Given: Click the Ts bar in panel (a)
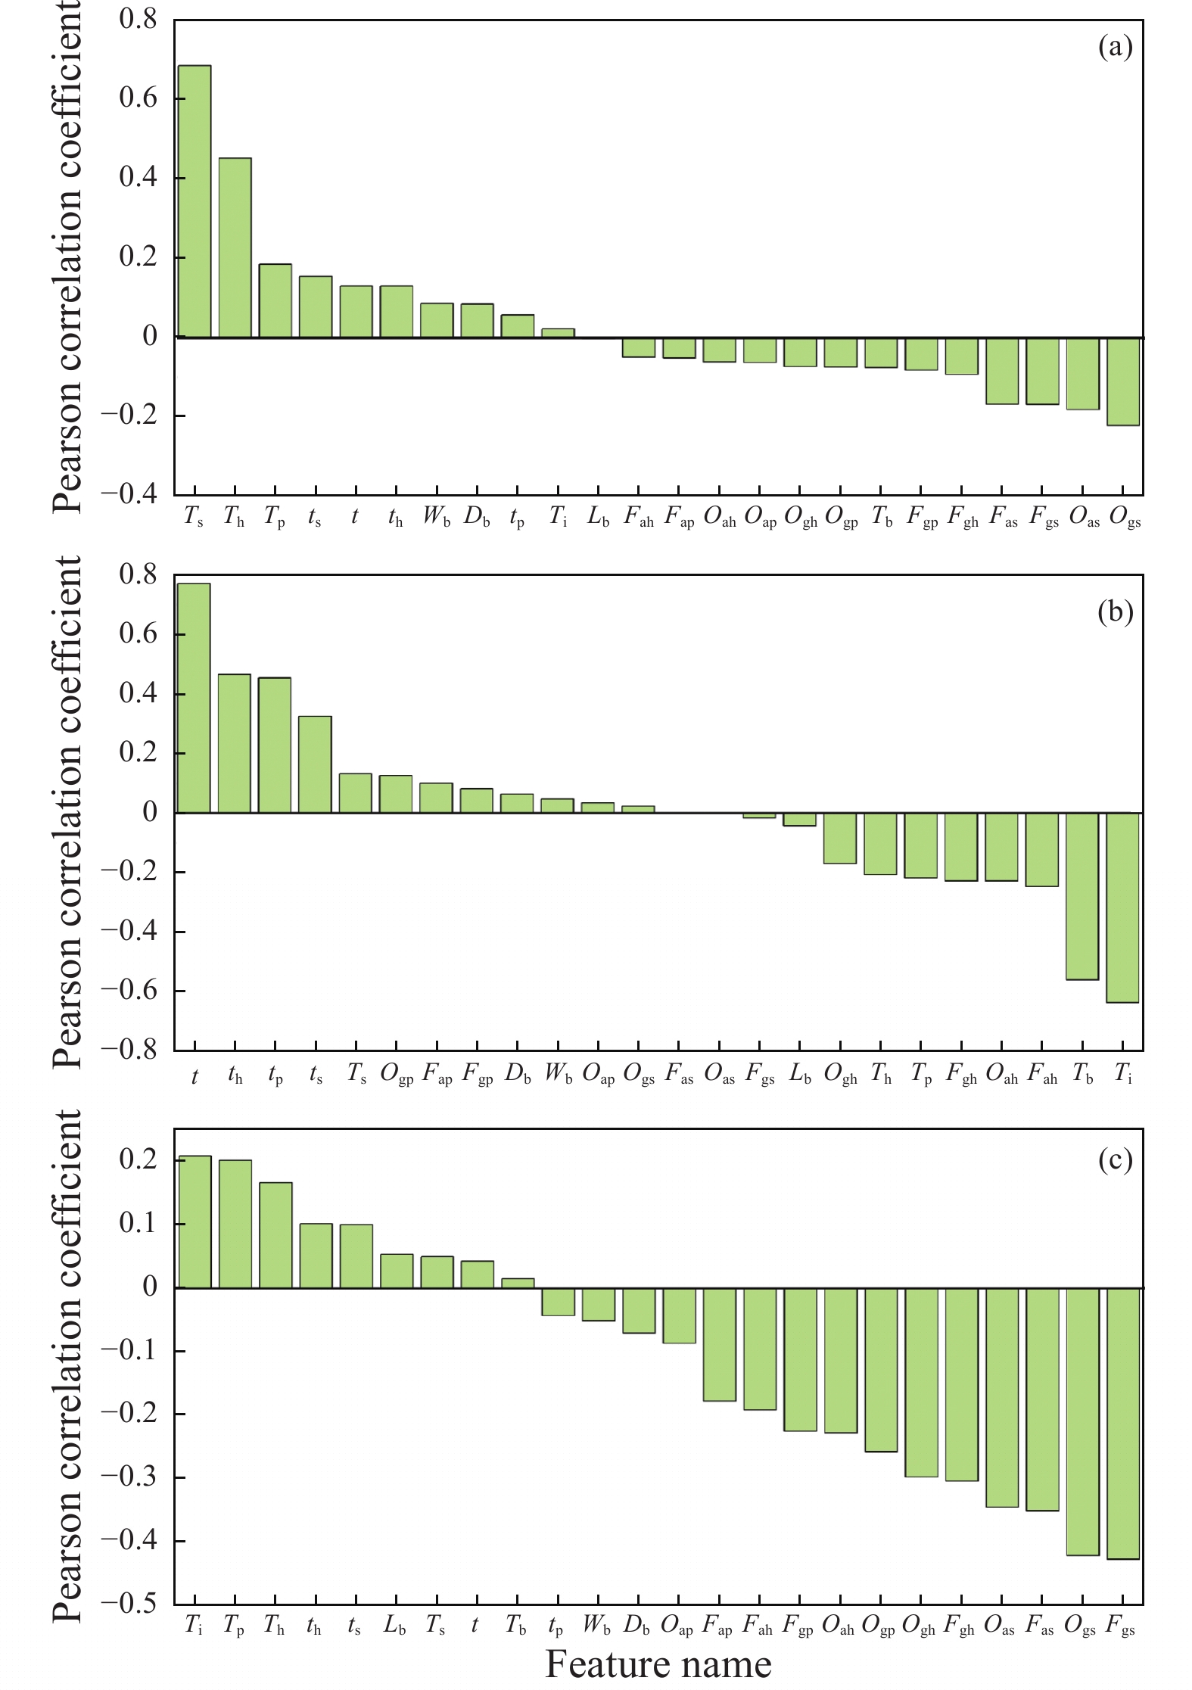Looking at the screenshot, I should pyautogui.click(x=195, y=201).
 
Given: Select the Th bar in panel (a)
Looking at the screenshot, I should pyautogui.click(x=235, y=247).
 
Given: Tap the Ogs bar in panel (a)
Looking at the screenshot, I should pyautogui.click(x=1123, y=381).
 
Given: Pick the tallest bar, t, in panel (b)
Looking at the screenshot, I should pyautogui.click(x=194, y=698).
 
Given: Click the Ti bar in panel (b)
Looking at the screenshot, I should pyautogui.click(x=1122, y=907).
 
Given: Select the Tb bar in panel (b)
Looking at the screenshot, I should pyautogui.click(x=1082, y=896).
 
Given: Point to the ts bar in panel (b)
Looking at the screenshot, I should pyautogui.click(x=315, y=764).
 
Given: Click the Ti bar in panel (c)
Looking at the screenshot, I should pyautogui.click(x=195, y=1222).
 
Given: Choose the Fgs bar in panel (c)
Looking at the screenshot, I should pyautogui.click(x=1123, y=1423).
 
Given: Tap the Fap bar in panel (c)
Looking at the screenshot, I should pyautogui.click(x=720, y=1344).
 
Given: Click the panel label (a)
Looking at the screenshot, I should pyautogui.click(x=1115, y=48).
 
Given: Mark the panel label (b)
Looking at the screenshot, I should pyautogui.click(x=1115, y=612).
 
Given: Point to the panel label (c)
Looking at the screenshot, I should pyautogui.click(x=1115, y=1159).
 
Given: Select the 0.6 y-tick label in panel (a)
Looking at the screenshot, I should pyautogui.click(x=138, y=98).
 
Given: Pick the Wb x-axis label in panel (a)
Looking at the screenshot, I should pyautogui.click(x=437, y=517).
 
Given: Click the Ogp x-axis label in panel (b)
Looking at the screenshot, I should pyautogui.click(x=397, y=1075).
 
